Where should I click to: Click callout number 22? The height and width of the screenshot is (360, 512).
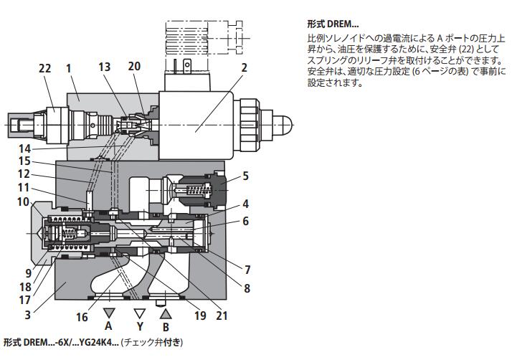(44, 69)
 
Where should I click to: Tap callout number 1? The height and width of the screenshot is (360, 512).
(69, 69)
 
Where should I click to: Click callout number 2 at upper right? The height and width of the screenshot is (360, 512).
(244, 69)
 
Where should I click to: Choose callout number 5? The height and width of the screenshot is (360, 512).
(245, 174)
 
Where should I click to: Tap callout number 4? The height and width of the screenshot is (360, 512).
(245, 203)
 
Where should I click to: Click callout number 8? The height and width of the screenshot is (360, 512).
(247, 289)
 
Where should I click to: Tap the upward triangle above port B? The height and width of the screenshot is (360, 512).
(165, 313)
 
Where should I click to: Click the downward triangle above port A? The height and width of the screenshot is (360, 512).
(109, 313)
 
